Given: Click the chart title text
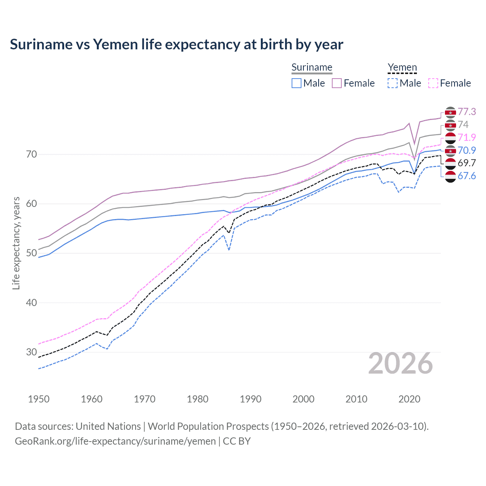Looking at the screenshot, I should click(x=177, y=44).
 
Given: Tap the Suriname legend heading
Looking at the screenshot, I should click(x=312, y=68).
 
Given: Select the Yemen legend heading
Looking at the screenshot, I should click(x=402, y=68).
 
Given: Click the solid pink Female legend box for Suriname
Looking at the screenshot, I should click(x=337, y=83).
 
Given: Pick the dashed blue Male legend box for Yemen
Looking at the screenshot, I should click(x=393, y=83).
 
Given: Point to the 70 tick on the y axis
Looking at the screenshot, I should click(x=32, y=155).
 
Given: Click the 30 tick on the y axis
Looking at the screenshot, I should click(x=32, y=352).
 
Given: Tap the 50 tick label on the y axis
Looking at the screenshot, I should click(x=32, y=253).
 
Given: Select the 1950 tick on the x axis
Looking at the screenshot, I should click(x=39, y=399).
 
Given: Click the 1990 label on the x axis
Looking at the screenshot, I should click(x=251, y=399).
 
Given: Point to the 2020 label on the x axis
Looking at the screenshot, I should click(x=409, y=399).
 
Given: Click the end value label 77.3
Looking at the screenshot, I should click(x=467, y=112).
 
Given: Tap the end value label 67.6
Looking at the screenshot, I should click(x=467, y=176).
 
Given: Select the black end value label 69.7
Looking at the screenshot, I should click(x=467, y=163).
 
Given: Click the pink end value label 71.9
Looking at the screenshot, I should click(x=467, y=137).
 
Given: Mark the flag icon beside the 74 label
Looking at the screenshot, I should click(x=450, y=125).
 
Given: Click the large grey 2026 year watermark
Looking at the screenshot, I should click(x=401, y=364).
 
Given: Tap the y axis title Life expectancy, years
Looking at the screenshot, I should click(x=16, y=243).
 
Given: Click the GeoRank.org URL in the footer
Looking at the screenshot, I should click(x=115, y=441).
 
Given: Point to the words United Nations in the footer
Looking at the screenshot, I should click(x=108, y=426).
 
